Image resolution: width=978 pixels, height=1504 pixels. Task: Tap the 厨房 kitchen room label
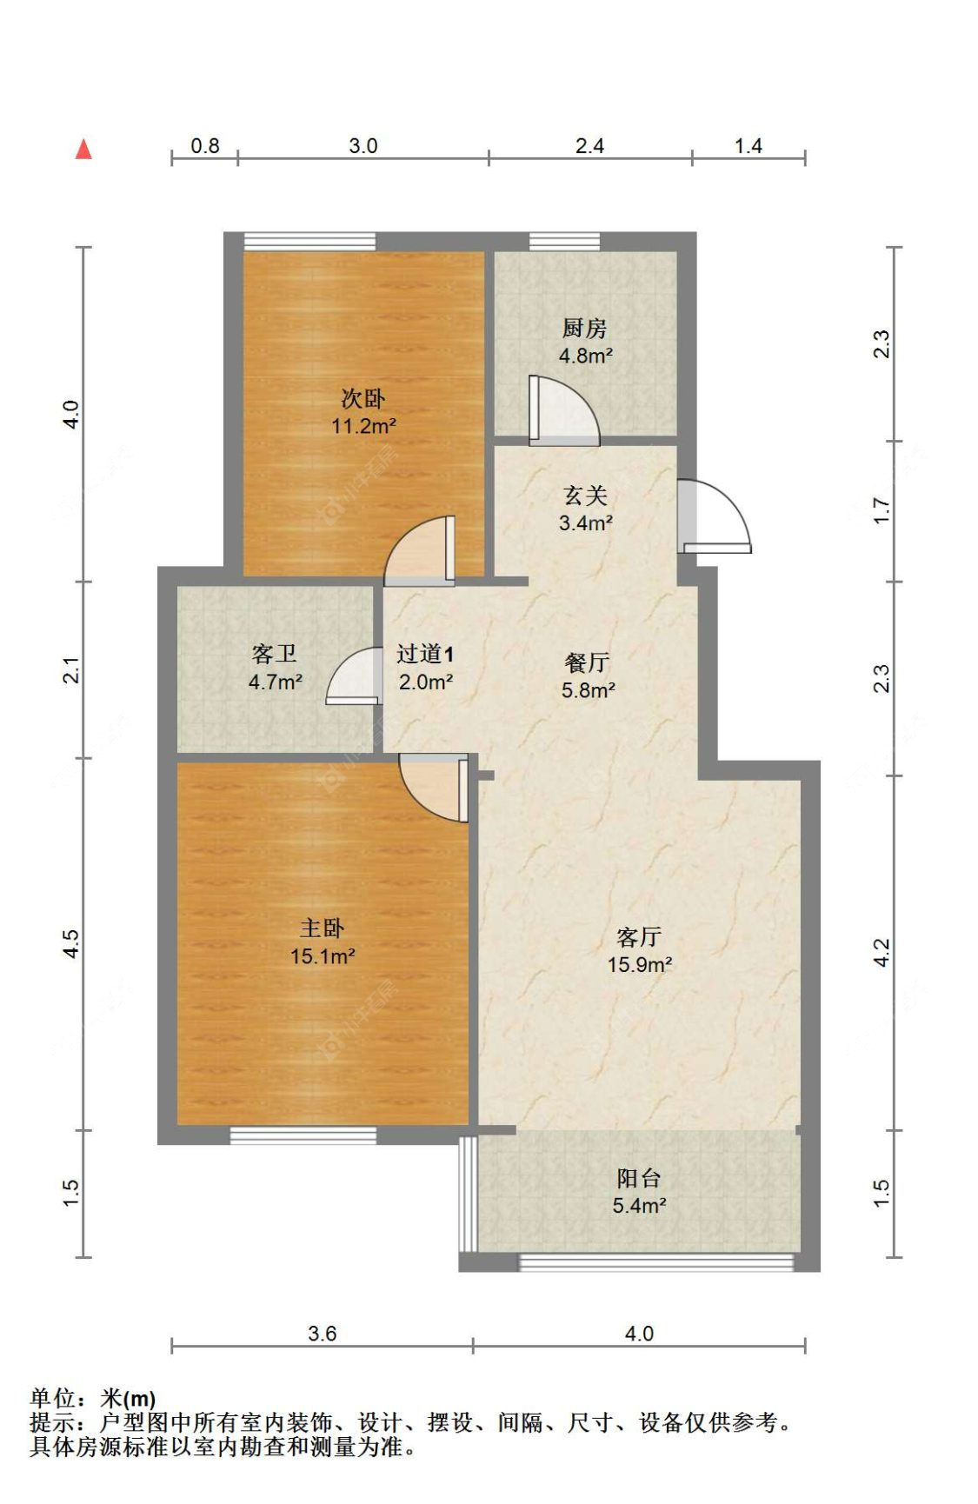click(x=584, y=328)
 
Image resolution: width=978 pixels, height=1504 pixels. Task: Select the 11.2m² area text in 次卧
click(x=363, y=426)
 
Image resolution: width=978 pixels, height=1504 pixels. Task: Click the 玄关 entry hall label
click(x=585, y=495)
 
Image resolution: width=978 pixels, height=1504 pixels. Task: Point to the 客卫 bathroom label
click(x=275, y=654)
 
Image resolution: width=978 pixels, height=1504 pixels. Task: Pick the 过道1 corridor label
click(x=425, y=654)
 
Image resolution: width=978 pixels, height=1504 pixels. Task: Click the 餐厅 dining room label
click(x=588, y=662)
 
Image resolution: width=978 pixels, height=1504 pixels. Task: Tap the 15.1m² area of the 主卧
click(x=323, y=956)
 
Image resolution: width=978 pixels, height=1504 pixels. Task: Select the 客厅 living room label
click(x=639, y=936)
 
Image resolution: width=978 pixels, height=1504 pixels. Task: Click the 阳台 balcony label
click(x=639, y=1178)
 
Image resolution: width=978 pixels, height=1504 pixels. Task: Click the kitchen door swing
click(x=563, y=410)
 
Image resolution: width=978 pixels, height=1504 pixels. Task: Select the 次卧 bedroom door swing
click(x=420, y=550)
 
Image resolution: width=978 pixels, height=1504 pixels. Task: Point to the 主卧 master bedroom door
click(x=434, y=788)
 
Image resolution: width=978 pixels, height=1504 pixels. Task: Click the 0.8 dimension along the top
click(x=205, y=145)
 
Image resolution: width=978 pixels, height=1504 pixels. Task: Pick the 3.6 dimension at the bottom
click(x=322, y=1333)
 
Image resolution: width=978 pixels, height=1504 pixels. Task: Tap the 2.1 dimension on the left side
click(x=71, y=670)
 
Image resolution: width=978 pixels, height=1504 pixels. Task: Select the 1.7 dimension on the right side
click(x=882, y=510)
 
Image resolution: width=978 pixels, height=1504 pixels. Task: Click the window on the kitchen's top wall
click(x=564, y=241)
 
